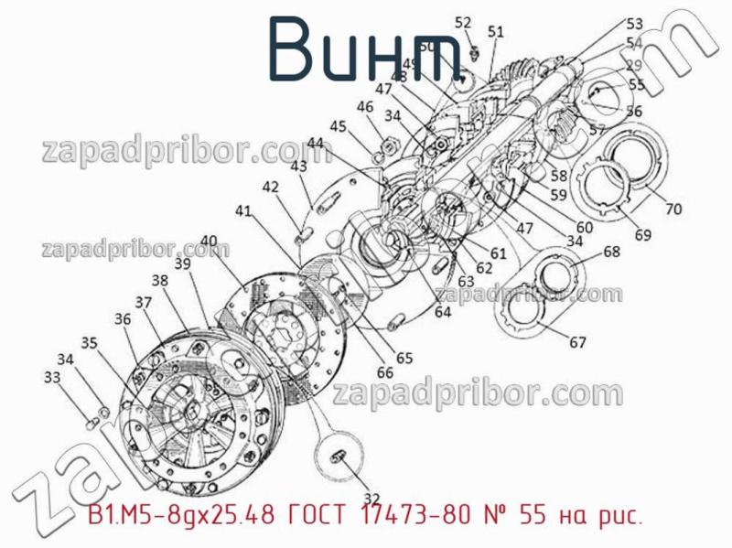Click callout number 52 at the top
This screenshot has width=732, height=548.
tap(463, 23)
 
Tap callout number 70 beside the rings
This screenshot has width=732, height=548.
tap(673, 209)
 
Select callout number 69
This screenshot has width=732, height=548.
tap(642, 235)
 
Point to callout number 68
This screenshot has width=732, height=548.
tap(611, 252)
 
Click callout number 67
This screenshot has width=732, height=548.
tap(577, 343)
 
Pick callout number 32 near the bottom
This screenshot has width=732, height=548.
tap(371, 498)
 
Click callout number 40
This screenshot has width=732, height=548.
tap(209, 242)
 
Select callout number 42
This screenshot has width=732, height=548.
tap(271, 187)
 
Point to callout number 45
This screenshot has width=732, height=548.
tap(339, 127)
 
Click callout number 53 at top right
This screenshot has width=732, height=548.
tap(634, 25)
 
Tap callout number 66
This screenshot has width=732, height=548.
tap(385, 372)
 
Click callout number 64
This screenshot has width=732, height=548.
tap(443, 312)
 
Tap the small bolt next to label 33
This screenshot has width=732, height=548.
tap(91, 421)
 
